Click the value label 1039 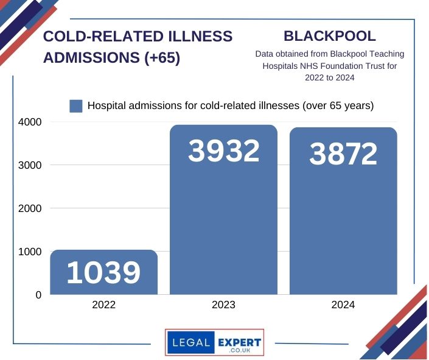103,274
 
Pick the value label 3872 343,155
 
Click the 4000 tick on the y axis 29,122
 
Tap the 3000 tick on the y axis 29,165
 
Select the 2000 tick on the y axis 29,208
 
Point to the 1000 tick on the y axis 29,252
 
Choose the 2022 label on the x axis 103,305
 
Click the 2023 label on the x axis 223,305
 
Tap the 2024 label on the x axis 343,305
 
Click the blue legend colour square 76,106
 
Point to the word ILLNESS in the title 201,37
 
